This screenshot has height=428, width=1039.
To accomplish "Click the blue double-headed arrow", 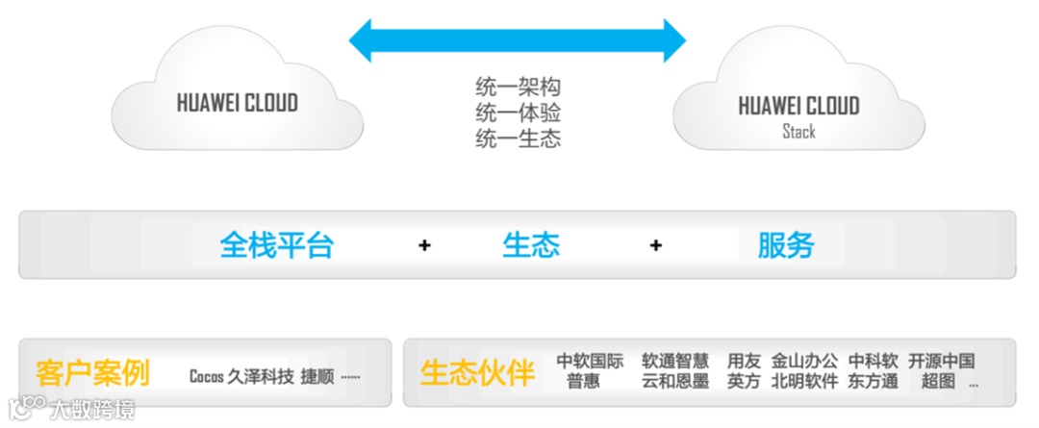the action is (517, 40).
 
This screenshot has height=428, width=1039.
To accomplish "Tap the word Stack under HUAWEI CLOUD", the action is (798, 131).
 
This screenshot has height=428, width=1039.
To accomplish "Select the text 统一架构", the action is (518, 88).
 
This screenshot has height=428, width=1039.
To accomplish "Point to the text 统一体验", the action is (518, 113).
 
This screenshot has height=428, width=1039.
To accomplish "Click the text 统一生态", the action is (518, 138).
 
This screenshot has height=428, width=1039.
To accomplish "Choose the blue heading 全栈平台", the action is (276, 244).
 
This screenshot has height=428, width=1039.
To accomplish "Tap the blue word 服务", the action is (785, 244).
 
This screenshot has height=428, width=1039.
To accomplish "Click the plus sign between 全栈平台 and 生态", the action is (424, 245).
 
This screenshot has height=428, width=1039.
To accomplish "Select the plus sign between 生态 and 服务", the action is (655, 245).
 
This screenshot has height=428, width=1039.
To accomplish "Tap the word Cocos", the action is (206, 376).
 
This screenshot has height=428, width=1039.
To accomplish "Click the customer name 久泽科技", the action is (260, 376).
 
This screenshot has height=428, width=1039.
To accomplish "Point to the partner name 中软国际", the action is (590, 362).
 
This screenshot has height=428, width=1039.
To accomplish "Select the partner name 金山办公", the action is (804, 362).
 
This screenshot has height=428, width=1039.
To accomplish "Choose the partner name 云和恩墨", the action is (675, 382).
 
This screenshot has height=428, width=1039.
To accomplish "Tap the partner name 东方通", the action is (873, 382).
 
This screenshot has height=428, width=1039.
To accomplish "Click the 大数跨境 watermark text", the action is (93, 409).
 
